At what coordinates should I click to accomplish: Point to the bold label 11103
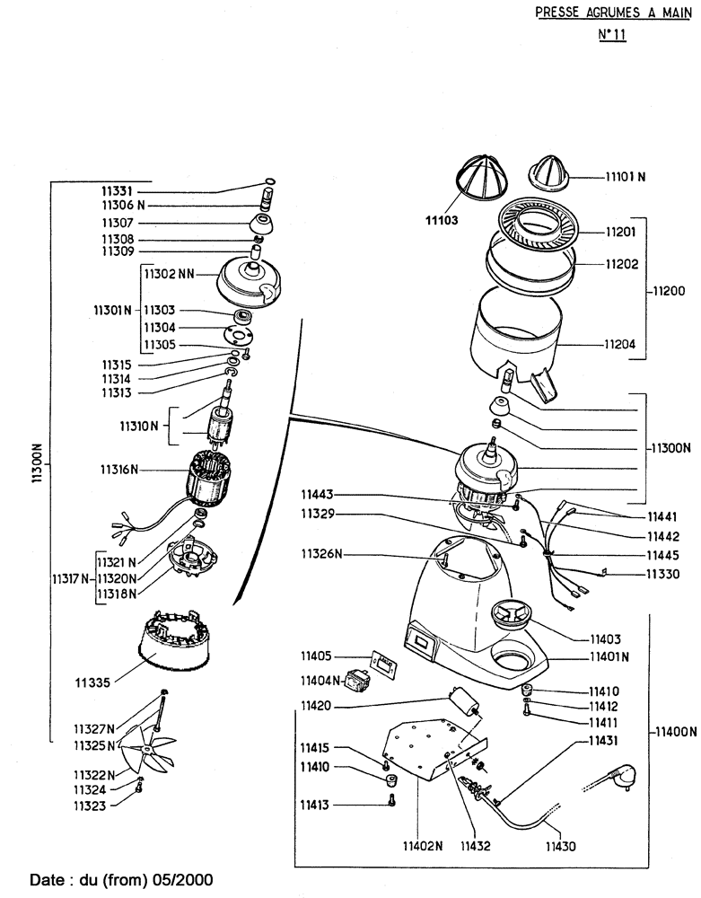pyautogui.click(x=444, y=217)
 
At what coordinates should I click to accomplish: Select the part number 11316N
pyautogui.click(x=121, y=469)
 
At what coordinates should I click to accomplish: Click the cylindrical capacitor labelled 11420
pyautogui.click(x=463, y=699)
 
